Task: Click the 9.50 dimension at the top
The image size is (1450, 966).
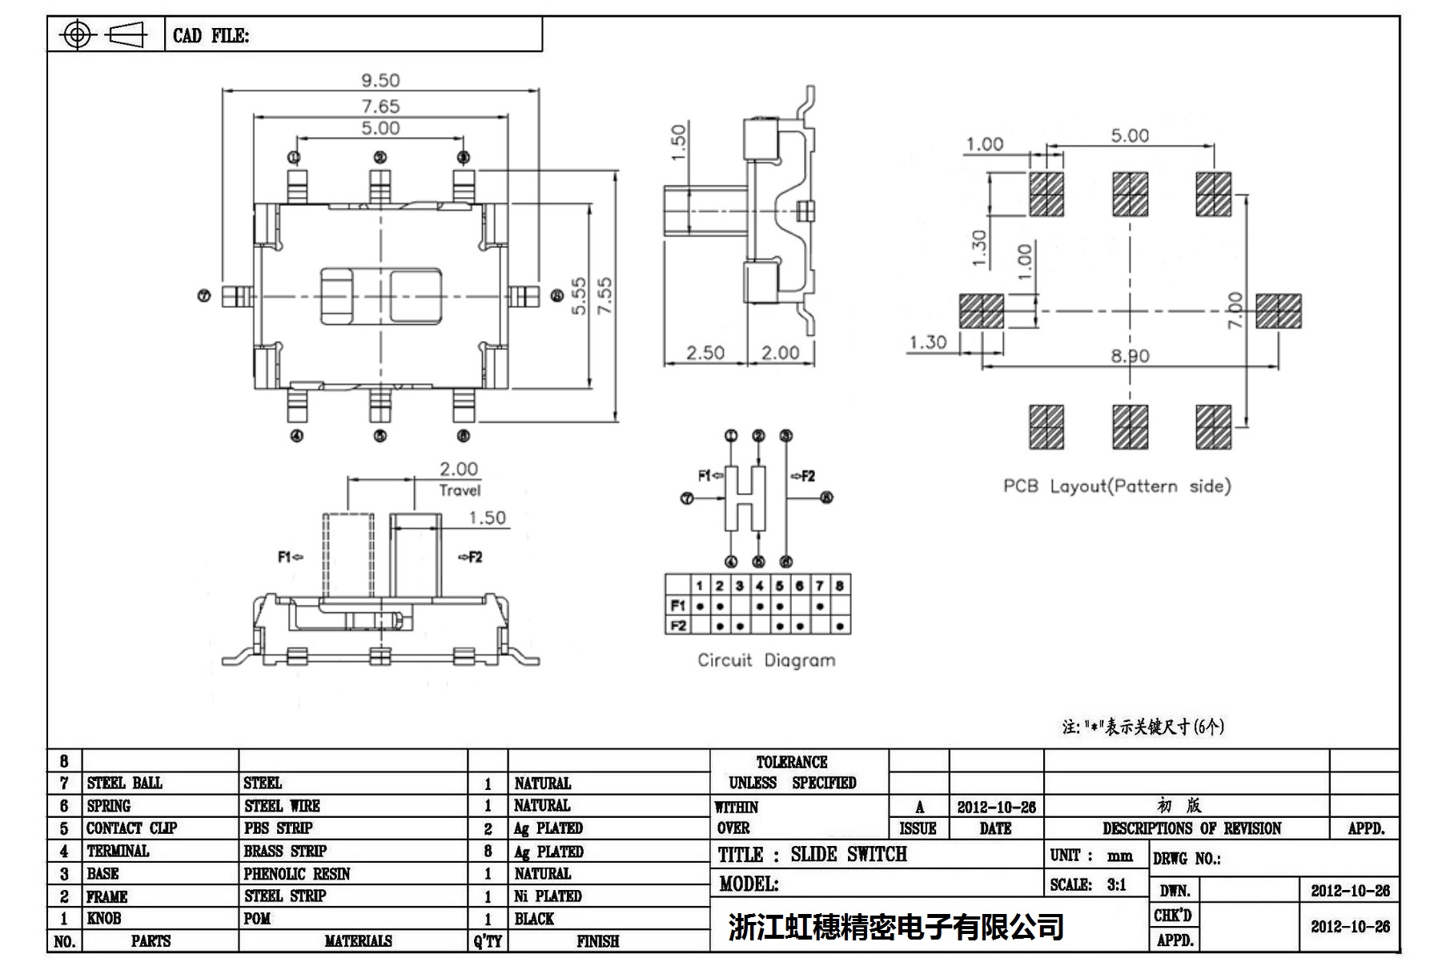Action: pos(380,80)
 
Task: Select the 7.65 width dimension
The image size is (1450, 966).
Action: pos(380,106)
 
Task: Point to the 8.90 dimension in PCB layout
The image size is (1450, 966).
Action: pos(1130,355)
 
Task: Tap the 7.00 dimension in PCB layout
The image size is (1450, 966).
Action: pos(1235,310)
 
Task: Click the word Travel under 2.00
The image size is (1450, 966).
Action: pos(460,490)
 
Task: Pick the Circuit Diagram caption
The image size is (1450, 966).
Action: pos(766,660)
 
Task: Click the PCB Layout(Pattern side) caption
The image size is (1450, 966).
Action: pos(1117,486)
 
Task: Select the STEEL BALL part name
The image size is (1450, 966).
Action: pos(124,783)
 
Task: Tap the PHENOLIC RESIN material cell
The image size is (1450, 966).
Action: pos(297,874)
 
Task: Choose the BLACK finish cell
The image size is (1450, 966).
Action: pos(534,919)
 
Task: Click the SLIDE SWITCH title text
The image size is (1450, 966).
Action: pos(849,855)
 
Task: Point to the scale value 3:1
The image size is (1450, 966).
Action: pos(1116,884)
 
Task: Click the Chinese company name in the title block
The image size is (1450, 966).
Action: pos(896,927)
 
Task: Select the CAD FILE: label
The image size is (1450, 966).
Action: pos(211,36)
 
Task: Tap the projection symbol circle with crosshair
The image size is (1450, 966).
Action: pos(77,34)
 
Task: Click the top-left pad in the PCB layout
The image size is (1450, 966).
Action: pos(1046,194)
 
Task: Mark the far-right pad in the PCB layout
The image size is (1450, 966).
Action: pos(1278,311)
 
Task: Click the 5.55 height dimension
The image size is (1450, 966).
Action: pos(579,296)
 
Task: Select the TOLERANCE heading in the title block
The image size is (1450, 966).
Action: pos(791,762)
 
